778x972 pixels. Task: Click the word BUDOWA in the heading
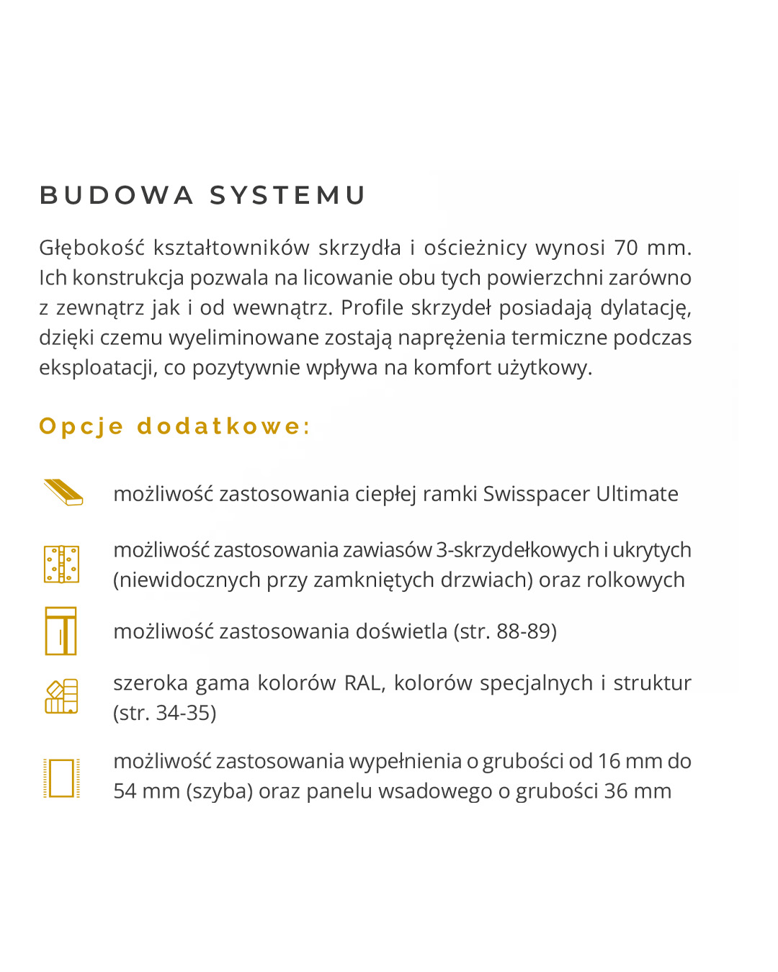tap(116, 195)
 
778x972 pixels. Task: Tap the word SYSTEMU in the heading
tap(288, 195)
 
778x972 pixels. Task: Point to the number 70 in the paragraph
tap(626, 248)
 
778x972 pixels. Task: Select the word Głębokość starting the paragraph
tap(91, 248)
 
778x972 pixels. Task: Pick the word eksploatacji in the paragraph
tap(98, 367)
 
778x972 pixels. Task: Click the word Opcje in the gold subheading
tap(81, 426)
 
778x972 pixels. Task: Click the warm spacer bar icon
tap(63, 492)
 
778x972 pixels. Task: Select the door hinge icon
tap(61, 564)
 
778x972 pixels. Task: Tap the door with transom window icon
tap(61, 631)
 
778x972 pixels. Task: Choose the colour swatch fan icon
tap(61, 696)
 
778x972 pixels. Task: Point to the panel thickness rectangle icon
tap(61, 778)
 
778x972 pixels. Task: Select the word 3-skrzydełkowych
tap(517, 550)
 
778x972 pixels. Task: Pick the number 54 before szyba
tap(125, 791)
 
